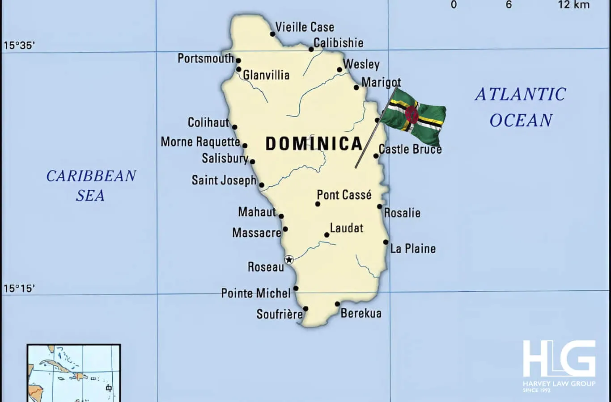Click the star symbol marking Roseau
pos(289,260)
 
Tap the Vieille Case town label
pos(305,27)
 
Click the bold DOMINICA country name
pos(314,144)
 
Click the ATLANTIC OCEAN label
pos(521,107)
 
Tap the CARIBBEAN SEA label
pos(91,185)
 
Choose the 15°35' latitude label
pos(19,45)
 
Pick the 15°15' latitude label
pos(19,289)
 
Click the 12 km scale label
pos(573,5)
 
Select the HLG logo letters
pos(559,359)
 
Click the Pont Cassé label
pos(344,195)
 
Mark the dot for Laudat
pos(327,235)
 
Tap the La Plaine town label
pos(413,249)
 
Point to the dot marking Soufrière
pos(305,309)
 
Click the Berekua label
pos(361,313)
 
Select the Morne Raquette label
pos(200,142)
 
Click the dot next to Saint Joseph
pos(262,185)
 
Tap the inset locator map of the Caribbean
pos(74,373)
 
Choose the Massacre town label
pos(256,233)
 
